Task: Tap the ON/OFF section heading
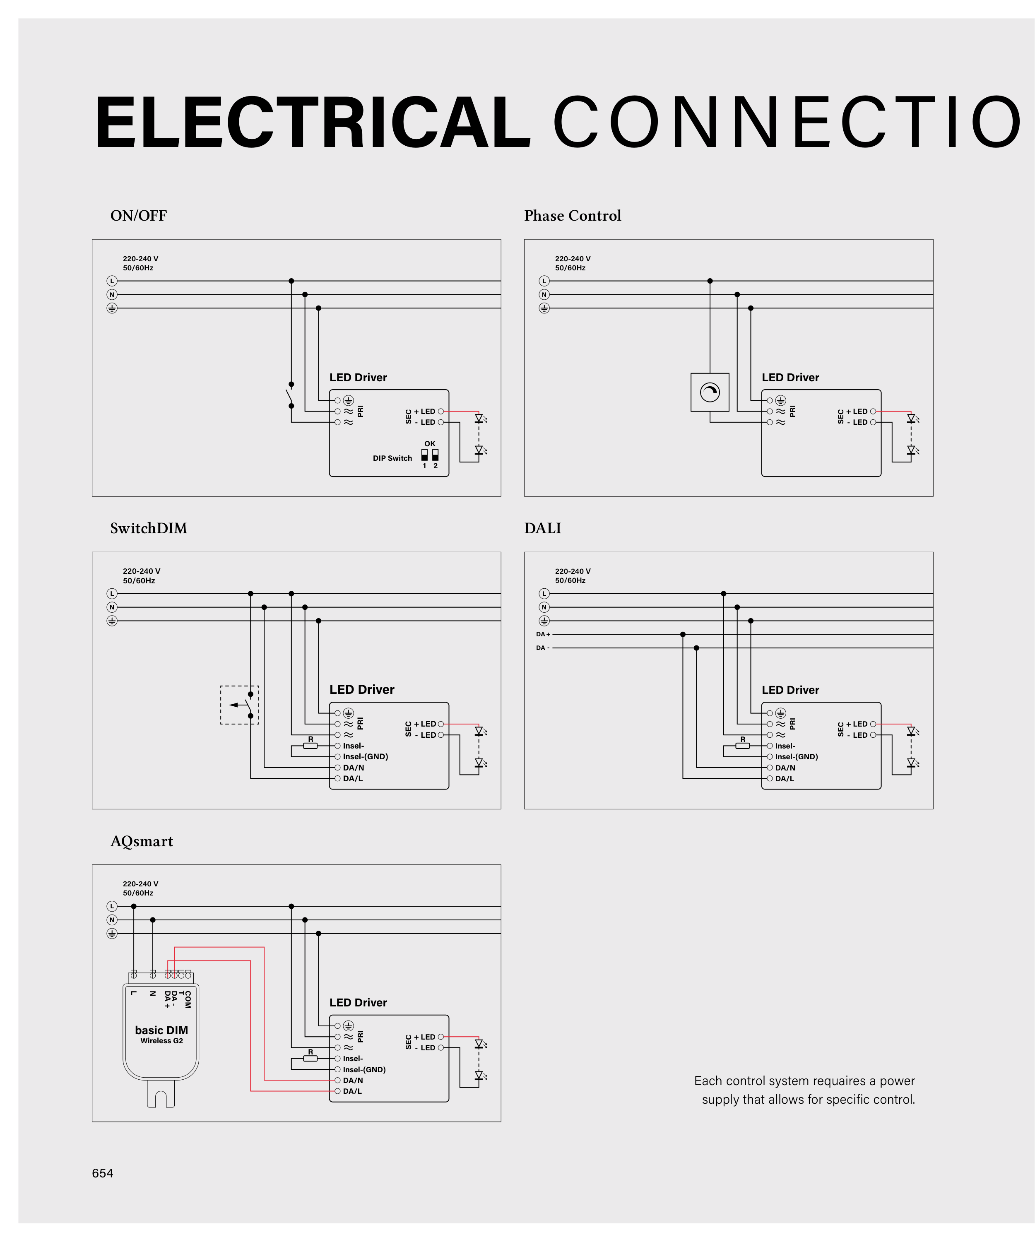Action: point(138,216)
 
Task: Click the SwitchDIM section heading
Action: point(149,528)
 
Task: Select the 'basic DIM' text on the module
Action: point(161,1030)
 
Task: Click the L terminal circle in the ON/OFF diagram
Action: point(112,281)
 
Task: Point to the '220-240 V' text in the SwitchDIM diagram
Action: point(141,571)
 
